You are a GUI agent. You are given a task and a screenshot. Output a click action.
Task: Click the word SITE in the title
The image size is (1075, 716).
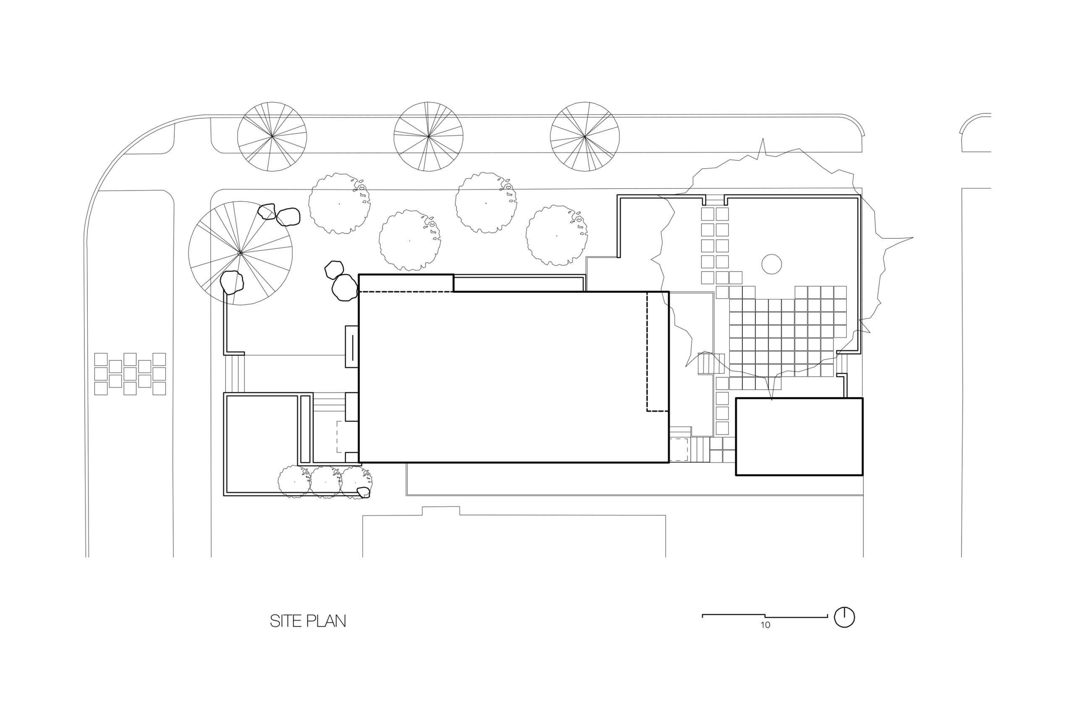286,621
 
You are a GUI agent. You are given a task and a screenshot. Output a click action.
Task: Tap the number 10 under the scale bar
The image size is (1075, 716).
766,625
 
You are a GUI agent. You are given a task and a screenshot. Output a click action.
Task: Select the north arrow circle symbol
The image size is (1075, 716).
844,617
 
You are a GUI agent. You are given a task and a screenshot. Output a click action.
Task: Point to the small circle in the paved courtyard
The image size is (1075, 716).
771,264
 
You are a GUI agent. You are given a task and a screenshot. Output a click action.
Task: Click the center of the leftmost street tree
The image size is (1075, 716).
272,137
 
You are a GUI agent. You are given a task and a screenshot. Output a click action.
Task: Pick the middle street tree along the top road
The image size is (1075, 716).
428,137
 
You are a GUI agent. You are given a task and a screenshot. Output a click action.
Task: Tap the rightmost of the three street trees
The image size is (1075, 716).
585,137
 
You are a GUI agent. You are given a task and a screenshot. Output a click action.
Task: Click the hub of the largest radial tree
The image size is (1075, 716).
241,253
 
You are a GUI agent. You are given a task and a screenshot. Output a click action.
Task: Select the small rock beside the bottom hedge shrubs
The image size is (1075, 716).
363,493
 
